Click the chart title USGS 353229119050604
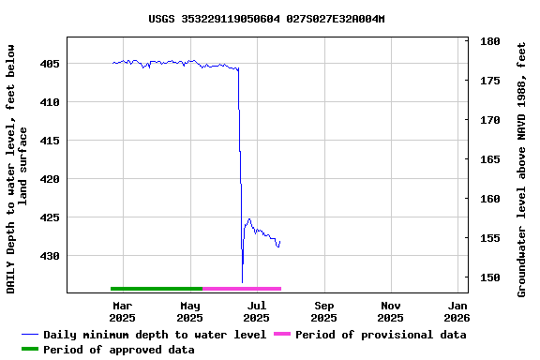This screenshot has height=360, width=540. pyautogui.click(x=267, y=19)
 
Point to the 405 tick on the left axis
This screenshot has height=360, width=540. pyautogui.click(x=50, y=64)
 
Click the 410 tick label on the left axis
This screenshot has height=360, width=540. pyautogui.click(x=50, y=102)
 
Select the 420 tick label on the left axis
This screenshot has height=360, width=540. pyautogui.click(x=50, y=179)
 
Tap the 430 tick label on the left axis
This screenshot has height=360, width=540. pyautogui.click(x=50, y=256)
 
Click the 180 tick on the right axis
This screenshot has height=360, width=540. pyautogui.click(x=488, y=42)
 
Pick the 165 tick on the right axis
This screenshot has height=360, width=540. pyautogui.click(x=488, y=159)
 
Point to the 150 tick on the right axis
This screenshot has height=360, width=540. pyautogui.click(x=488, y=277)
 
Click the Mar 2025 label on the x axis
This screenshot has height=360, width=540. pyautogui.click(x=122, y=311)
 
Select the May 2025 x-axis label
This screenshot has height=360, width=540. pyautogui.click(x=189, y=311)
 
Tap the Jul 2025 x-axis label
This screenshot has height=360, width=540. pyautogui.click(x=257, y=311)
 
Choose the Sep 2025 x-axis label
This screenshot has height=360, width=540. pyautogui.click(x=324, y=311)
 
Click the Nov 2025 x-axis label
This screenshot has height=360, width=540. pyautogui.click(x=392, y=311)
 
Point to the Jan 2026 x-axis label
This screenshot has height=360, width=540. pyautogui.click(x=458, y=311)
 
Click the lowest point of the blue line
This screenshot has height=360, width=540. pyautogui.click(x=242, y=282)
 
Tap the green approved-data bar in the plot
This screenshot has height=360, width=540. pyautogui.click(x=157, y=289)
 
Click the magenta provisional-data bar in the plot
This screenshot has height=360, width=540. pyautogui.click(x=242, y=289)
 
